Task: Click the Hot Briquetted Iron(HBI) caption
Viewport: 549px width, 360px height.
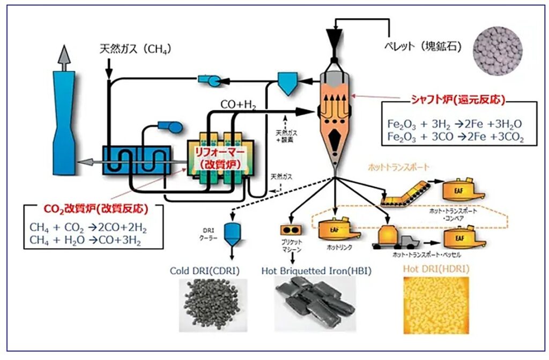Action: [316, 271]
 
